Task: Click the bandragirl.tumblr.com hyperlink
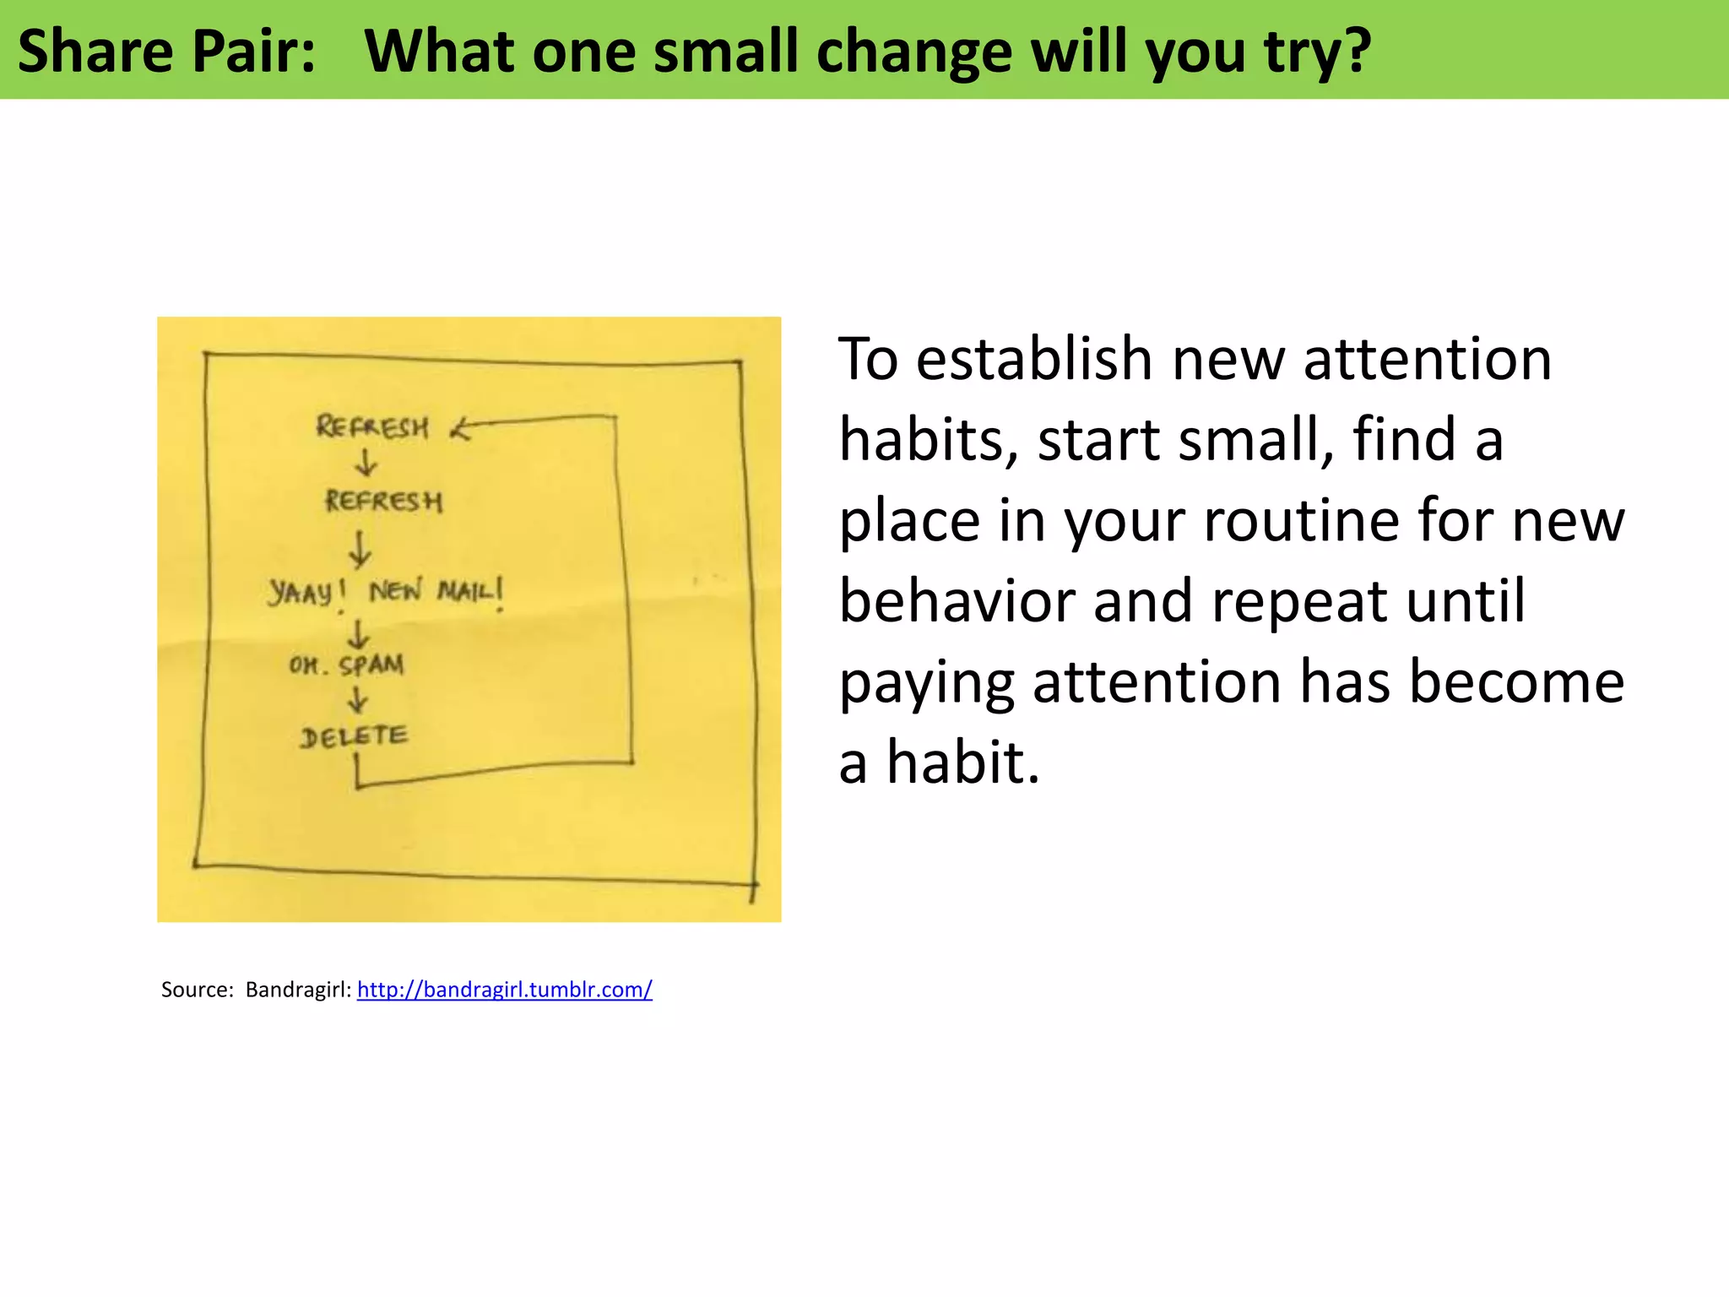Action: pyautogui.click(x=504, y=990)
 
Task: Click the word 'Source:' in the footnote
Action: pyautogui.click(x=197, y=990)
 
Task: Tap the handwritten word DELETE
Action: pyautogui.click(x=354, y=737)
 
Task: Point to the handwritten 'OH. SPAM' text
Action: pyautogui.click(x=346, y=665)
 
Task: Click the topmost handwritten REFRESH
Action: pyautogui.click(x=372, y=426)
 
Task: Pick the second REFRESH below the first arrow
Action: pyautogui.click(x=384, y=502)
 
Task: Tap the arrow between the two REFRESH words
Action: pyautogui.click(x=366, y=463)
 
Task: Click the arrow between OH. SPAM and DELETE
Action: pyautogui.click(x=358, y=700)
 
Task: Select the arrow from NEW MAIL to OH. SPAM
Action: pyautogui.click(x=359, y=633)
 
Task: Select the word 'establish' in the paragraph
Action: pyautogui.click(x=1035, y=359)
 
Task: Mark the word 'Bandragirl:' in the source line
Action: pyautogui.click(x=298, y=990)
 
